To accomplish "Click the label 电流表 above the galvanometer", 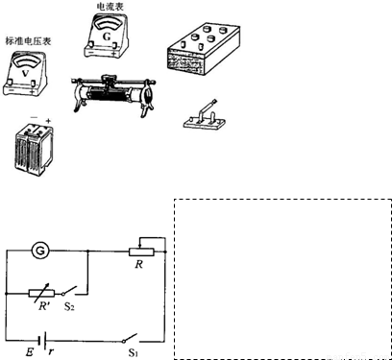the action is (110, 6).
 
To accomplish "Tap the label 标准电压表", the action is (28, 41).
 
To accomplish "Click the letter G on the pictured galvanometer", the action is (107, 36).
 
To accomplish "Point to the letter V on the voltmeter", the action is (25, 74).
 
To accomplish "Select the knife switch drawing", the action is (205, 116).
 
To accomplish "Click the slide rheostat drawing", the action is (112, 94).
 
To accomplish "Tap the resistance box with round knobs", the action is (204, 48).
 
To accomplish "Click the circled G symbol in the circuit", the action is (40, 251).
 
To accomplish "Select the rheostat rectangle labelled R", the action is (141, 252).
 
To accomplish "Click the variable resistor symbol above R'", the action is (41, 293).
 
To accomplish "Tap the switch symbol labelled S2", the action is (70, 291).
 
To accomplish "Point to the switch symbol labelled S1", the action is (131, 338).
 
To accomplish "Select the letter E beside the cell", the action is (30, 352).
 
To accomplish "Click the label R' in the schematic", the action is (44, 306).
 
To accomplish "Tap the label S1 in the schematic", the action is (134, 352).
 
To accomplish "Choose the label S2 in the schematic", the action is (69, 306).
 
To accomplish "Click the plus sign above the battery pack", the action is (48, 121).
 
